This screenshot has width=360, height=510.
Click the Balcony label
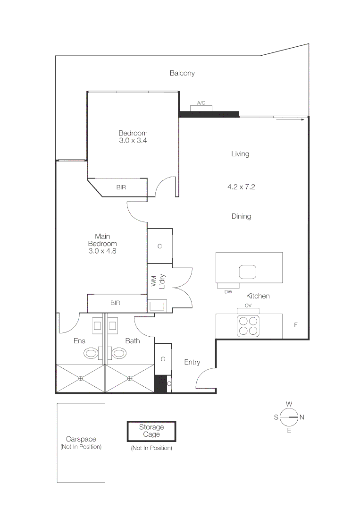(182, 73)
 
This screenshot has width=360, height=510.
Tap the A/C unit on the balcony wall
(201, 108)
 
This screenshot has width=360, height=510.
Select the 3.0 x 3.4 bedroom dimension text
(133, 141)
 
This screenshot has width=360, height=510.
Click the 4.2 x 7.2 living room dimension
(241, 187)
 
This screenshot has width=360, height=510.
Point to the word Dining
(241, 216)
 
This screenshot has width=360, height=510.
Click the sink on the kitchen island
(248, 272)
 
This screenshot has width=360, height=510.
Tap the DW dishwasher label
(228, 292)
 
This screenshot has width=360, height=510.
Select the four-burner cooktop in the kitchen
(249, 326)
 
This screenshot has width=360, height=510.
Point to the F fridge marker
(296, 325)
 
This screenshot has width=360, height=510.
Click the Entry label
(192, 362)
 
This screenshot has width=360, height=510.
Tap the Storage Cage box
(151, 431)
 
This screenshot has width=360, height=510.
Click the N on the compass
(302, 417)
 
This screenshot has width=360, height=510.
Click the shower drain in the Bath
(130, 378)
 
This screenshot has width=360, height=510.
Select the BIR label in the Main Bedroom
(115, 303)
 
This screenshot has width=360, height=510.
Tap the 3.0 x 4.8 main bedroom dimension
(102, 251)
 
